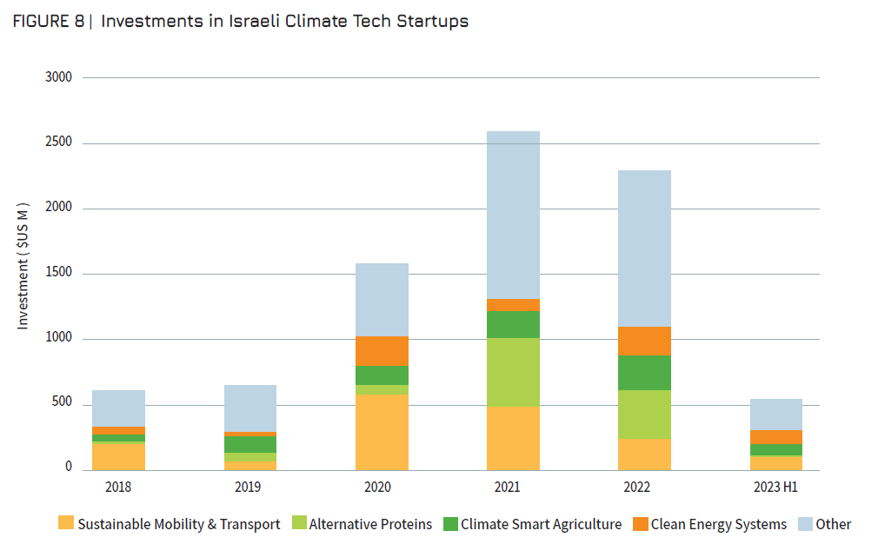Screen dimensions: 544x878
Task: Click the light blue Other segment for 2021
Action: (x=513, y=215)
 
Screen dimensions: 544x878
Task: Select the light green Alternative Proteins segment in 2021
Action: (x=513, y=372)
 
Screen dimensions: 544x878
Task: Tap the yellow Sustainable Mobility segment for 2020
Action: (x=382, y=432)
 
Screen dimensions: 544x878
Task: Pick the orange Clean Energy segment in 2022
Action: (x=644, y=341)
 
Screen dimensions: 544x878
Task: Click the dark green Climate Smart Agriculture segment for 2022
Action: (x=644, y=373)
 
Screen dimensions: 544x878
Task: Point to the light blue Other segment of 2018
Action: (x=118, y=408)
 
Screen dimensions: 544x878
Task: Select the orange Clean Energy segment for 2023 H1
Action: (x=775, y=437)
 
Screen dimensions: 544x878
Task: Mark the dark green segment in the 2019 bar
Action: (x=249, y=444)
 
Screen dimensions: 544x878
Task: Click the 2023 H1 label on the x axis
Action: (x=775, y=487)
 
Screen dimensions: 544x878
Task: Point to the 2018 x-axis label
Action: (x=118, y=487)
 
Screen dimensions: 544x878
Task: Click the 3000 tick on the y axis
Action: (x=59, y=77)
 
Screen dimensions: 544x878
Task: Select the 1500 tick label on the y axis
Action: (x=59, y=274)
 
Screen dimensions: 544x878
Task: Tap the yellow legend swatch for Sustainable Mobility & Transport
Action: (x=66, y=523)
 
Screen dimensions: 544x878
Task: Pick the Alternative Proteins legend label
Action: (x=370, y=524)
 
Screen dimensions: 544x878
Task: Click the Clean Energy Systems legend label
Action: (x=718, y=524)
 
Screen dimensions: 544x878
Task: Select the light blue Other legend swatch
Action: (x=804, y=523)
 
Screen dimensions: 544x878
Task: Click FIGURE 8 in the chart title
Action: (x=47, y=22)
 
